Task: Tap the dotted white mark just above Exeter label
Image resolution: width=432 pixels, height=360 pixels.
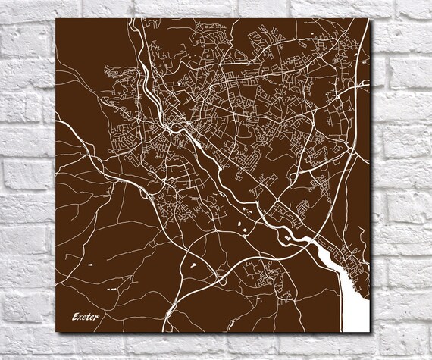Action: click(111, 290)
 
